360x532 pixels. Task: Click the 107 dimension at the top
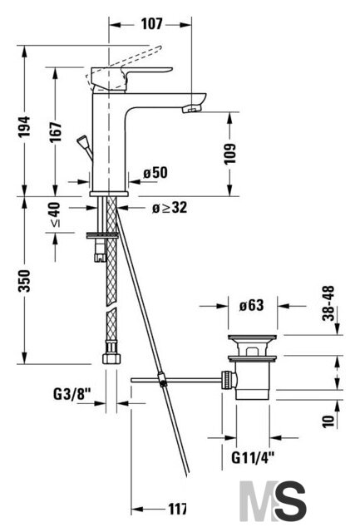click(x=151, y=24)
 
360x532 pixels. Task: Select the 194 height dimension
click(x=24, y=127)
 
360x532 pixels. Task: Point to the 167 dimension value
click(x=56, y=131)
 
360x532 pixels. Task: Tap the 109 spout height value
click(x=229, y=154)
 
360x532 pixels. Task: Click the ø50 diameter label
click(x=155, y=173)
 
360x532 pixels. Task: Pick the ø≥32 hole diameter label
click(x=170, y=207)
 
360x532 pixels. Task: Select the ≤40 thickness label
click(x=56, y=214)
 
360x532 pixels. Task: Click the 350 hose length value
click(x=24, y=281)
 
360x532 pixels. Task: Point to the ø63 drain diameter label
click(x=251, y=305)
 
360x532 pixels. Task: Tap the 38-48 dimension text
click(x=328, y=303)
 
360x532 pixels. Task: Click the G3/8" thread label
click(x=72, y=394)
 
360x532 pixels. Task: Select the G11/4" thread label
click(x=253, y=458)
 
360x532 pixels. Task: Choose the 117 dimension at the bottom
click(x=177, y=509)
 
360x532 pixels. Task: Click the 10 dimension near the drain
click(x=328, y=421)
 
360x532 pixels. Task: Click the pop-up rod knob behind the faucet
click(x=82, y=140)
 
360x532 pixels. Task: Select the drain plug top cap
click(x=252, y=337)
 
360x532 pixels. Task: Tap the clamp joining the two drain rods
click(x=162, y=379)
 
